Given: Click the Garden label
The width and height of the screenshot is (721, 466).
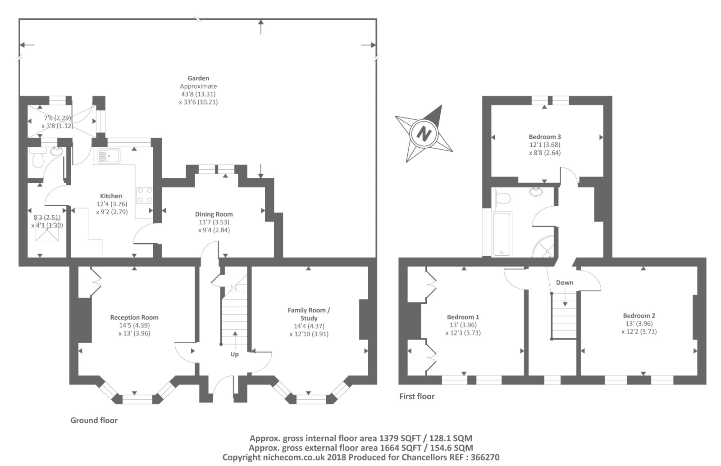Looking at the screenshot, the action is coord(198,78).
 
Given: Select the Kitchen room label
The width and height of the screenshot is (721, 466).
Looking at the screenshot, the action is coord(111,196).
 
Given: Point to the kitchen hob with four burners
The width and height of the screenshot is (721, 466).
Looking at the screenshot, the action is coord(145,195).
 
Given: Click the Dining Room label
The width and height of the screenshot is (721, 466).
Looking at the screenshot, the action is coord(214,214).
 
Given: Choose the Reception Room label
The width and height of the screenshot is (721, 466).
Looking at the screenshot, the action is coord(134,317).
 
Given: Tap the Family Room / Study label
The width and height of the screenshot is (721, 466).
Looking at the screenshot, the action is coord(309,314).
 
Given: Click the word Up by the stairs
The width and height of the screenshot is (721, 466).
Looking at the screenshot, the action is coord(234,354).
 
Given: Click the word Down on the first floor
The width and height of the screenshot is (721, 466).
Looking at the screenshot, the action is coord(565,283).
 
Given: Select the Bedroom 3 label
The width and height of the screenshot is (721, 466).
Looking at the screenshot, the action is coord(545,137).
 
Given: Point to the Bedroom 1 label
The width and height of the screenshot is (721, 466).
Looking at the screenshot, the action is coord(463,317).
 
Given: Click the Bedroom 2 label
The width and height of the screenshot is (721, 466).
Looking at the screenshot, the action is coord(639,316).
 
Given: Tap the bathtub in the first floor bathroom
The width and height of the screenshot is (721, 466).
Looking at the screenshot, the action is coord(502,234).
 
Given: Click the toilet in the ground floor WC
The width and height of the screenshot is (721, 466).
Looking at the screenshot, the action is coord(37,158).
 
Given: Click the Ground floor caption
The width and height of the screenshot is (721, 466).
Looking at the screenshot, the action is coord(94,421).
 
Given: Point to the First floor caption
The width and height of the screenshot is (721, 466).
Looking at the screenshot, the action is coord(417,396).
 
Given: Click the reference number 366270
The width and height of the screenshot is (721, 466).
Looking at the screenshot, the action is coord(485,457).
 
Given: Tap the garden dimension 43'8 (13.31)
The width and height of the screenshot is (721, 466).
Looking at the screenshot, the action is coord(198,94).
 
